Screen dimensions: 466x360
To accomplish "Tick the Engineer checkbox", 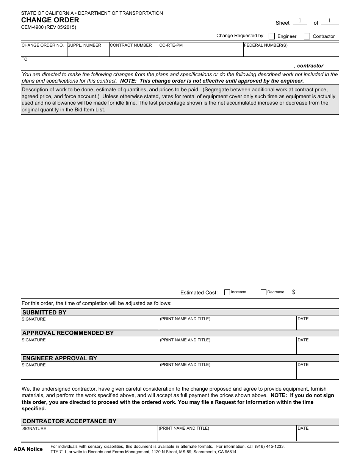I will (x=272, y=36).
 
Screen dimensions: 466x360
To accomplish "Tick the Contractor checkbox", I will (x=307, y=36).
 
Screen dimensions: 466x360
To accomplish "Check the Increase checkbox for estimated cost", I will (x=227, y=292).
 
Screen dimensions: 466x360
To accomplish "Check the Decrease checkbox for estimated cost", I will (x=264, y=292).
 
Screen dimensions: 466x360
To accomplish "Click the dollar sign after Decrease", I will (x=294, y=292).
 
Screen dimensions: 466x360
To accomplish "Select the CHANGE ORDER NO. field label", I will (x=42, y=45).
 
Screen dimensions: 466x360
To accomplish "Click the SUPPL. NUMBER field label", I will (x=85, y=45).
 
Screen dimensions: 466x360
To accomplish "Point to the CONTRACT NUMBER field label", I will (x=131, y=45).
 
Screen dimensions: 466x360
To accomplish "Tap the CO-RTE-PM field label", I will (x=171, y=45).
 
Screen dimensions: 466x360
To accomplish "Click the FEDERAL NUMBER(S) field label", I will (x=266, y=45).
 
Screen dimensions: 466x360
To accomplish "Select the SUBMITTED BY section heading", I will (x=44, y=313).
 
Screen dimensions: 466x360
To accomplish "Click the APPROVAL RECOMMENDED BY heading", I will (x=68, y=333).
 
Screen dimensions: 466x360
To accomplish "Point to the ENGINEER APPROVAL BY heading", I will (x=59, y=358).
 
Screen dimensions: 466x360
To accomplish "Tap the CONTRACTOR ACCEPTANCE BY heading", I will (x=69, y=421).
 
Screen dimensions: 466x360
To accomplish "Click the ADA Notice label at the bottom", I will (x=28, y=449).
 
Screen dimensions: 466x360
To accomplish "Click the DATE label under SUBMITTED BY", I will (x=303, y=319).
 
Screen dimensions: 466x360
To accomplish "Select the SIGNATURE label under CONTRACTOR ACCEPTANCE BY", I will (x=34, y=429).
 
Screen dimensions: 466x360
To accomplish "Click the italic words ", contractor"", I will (x=308, y=66).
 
